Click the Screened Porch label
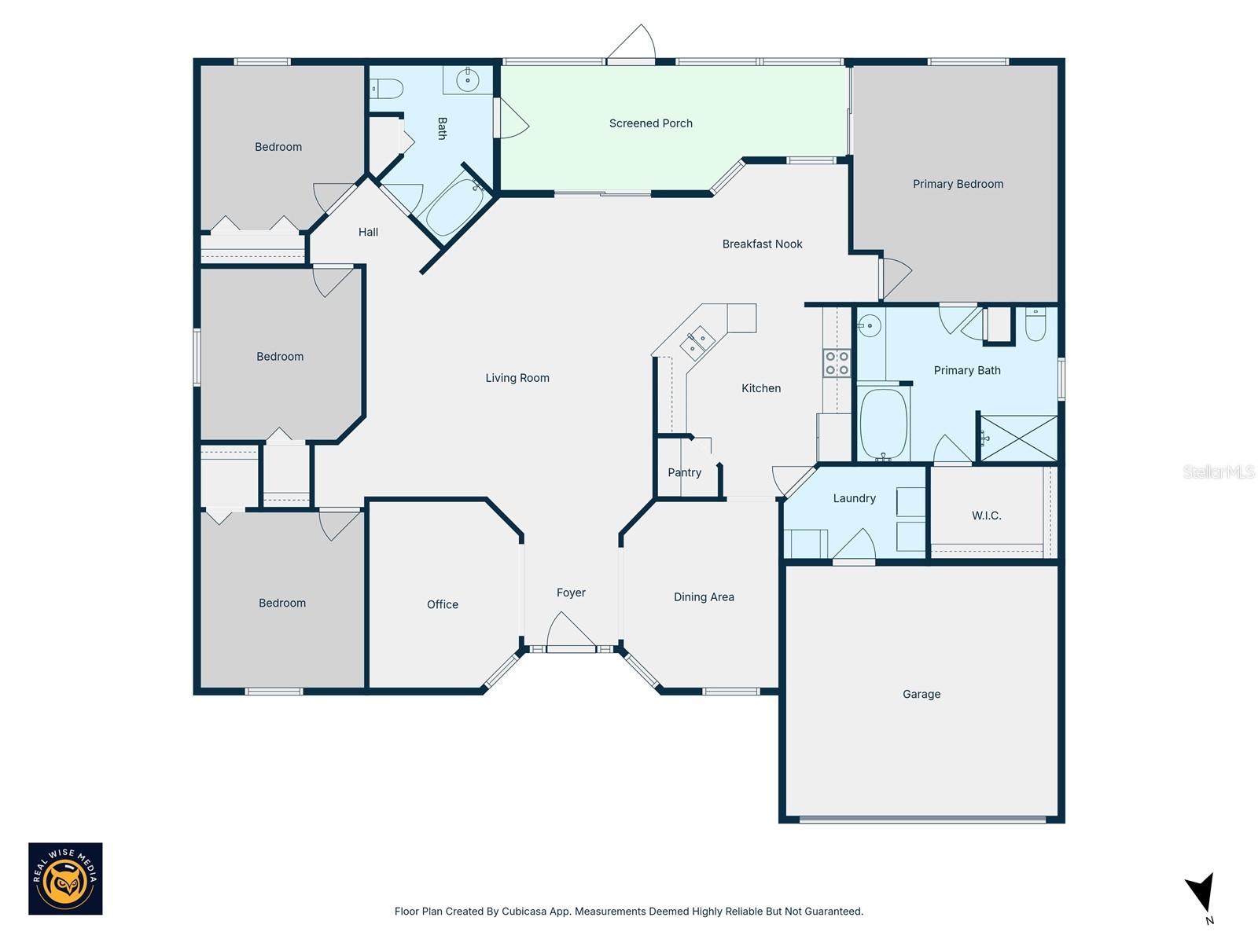(650, 123)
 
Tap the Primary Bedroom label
(958, 184)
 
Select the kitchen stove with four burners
(837, 363)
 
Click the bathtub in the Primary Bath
(883, 424)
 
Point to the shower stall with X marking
(1018, 438)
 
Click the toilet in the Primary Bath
(1035, 325)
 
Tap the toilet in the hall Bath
(387, 89)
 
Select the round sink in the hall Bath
(468, 80)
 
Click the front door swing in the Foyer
(570, 632)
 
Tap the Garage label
(921, 694)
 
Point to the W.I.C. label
(986, 516)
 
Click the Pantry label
(684, 472)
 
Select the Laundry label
(854, 498)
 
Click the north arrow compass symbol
(1201, 894)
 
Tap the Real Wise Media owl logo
(65, 879)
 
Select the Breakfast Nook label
(762, 244)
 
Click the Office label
(442, 604)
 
